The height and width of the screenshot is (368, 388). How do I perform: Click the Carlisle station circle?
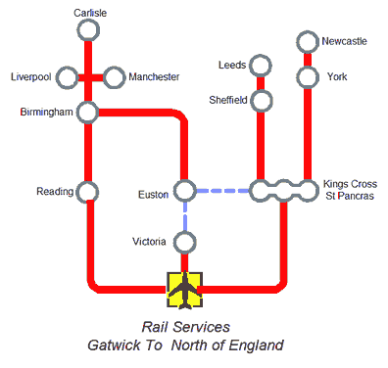pos(88,31)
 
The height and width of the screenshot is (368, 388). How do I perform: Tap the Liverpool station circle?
pos(67,76)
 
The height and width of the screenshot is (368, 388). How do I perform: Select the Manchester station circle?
pos(114,76)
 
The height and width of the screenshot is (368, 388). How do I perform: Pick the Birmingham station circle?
pos(88,113)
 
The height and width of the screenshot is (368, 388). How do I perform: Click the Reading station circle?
pos(88,191)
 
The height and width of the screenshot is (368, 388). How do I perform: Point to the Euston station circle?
pos(184,191)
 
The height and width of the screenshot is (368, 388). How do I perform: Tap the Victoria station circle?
pos(184,241)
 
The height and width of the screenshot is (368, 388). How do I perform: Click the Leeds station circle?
pos(261,66)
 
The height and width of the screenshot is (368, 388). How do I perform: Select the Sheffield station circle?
pos(261,100)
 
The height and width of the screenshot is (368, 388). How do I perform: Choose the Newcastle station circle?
pos(308,42)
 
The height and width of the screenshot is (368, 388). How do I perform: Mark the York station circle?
pos(308,76)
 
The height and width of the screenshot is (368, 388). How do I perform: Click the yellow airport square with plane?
pos(184,289)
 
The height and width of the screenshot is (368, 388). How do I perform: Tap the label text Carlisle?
pos(89,13)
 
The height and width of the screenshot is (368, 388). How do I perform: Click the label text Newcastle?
pos(346,41)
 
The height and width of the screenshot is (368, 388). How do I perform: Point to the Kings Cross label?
pos(350,184)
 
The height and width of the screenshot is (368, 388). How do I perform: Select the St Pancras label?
pos(348,198)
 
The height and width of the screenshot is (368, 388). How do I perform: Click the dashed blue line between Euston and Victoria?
pos(184,216)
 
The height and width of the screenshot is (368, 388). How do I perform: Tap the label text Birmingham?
pos(47,113)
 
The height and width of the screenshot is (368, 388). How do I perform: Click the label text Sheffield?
pos(229,100)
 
